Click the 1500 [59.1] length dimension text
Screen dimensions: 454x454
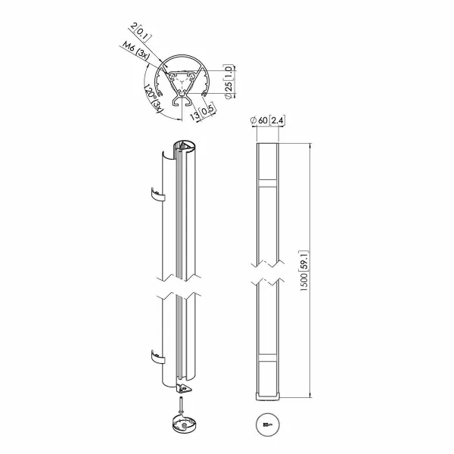(304, 270)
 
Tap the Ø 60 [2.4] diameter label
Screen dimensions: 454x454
(268, 120)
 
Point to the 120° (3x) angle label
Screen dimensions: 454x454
(153, 98)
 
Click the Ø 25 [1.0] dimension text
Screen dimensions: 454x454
(229, 82)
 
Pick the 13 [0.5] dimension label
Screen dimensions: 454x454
(203, 112)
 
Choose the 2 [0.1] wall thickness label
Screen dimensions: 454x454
(141, 32)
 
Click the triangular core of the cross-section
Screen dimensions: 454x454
(182, 82)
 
